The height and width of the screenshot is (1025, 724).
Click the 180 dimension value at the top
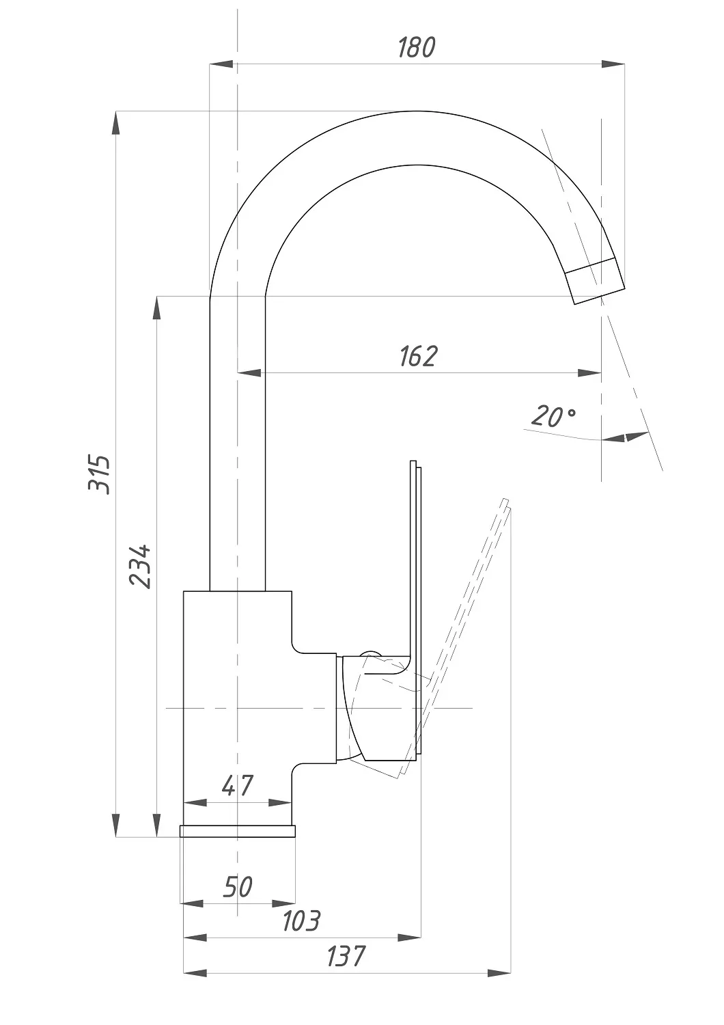417,48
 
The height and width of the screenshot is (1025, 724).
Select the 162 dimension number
419,357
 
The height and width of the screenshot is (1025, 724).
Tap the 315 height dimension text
99,474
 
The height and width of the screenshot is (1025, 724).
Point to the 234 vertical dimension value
139,566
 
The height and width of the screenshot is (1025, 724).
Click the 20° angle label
553,416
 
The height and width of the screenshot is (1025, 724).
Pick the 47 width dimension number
238,786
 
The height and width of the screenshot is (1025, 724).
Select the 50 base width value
238,887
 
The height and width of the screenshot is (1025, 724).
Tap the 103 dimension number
301,921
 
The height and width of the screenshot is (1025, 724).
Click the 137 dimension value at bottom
346,957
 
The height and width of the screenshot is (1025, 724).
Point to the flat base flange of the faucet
238,832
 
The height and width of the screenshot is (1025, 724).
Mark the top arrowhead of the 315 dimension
115,123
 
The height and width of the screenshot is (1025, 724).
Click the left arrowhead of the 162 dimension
250,373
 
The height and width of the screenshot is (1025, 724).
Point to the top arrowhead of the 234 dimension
157,308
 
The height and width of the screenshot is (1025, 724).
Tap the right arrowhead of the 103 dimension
409,938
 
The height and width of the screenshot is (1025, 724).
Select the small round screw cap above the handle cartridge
370,653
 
